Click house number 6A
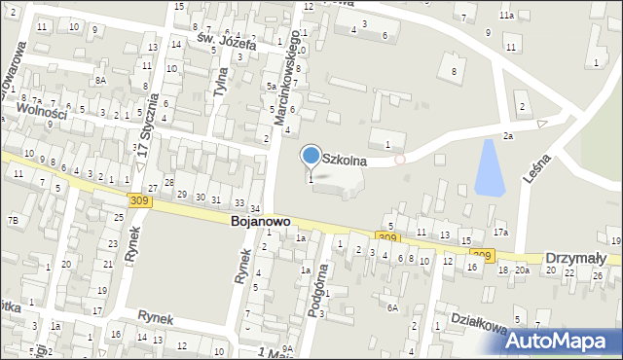[392, 307]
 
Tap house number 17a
[500, 233]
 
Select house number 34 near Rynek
[254, 209]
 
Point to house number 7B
[13, 220]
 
